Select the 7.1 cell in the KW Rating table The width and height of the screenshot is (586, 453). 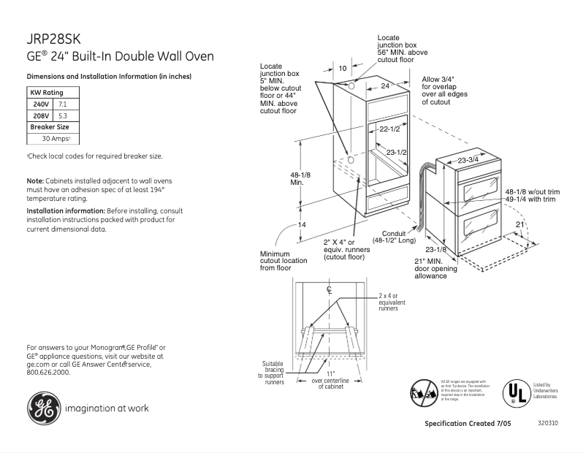[x=62, y=104]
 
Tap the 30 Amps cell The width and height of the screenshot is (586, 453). [x=55, y=138]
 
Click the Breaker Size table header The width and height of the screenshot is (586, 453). [x=49, y=126]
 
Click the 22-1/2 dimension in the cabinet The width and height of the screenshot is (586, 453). [x=389, y=129]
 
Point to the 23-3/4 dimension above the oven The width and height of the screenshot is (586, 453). [x=468, y=159]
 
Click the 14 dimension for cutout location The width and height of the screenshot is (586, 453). [x=302, y=224]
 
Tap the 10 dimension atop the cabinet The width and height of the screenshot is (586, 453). [x=343, y=69]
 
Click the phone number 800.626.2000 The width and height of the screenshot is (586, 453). [x=48, y=372]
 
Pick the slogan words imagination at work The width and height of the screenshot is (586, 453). [x=105, y=408]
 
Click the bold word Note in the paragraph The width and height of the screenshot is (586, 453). [x=34, y=180]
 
